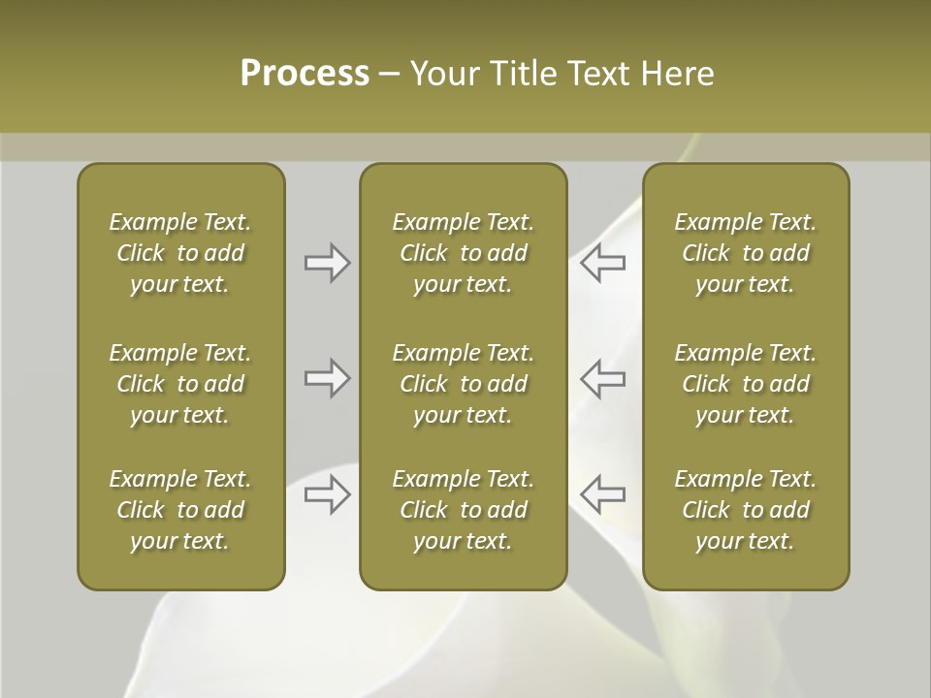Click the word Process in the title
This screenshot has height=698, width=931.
click(305, 74)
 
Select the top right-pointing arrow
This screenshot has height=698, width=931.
click(327, 263)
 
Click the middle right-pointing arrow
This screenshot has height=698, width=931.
click(327, 378)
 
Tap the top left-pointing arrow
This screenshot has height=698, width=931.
click(602, 263)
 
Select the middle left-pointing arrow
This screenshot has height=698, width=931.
click(602, 378)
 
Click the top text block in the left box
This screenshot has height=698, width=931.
click(180, 253)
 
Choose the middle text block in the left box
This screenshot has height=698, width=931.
click(180, 384)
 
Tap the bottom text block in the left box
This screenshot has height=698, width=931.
click(180, 510)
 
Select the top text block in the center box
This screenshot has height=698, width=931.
click(463, 253)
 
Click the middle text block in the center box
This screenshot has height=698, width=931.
click(463, 384)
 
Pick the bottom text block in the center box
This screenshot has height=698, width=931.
click(463, 510)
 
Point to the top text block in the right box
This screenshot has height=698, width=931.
click(745, 253)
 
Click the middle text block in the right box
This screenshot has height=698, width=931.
click(745, 384)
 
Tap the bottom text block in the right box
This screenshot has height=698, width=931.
click(745, 510)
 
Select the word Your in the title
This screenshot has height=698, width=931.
click(442, 74)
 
